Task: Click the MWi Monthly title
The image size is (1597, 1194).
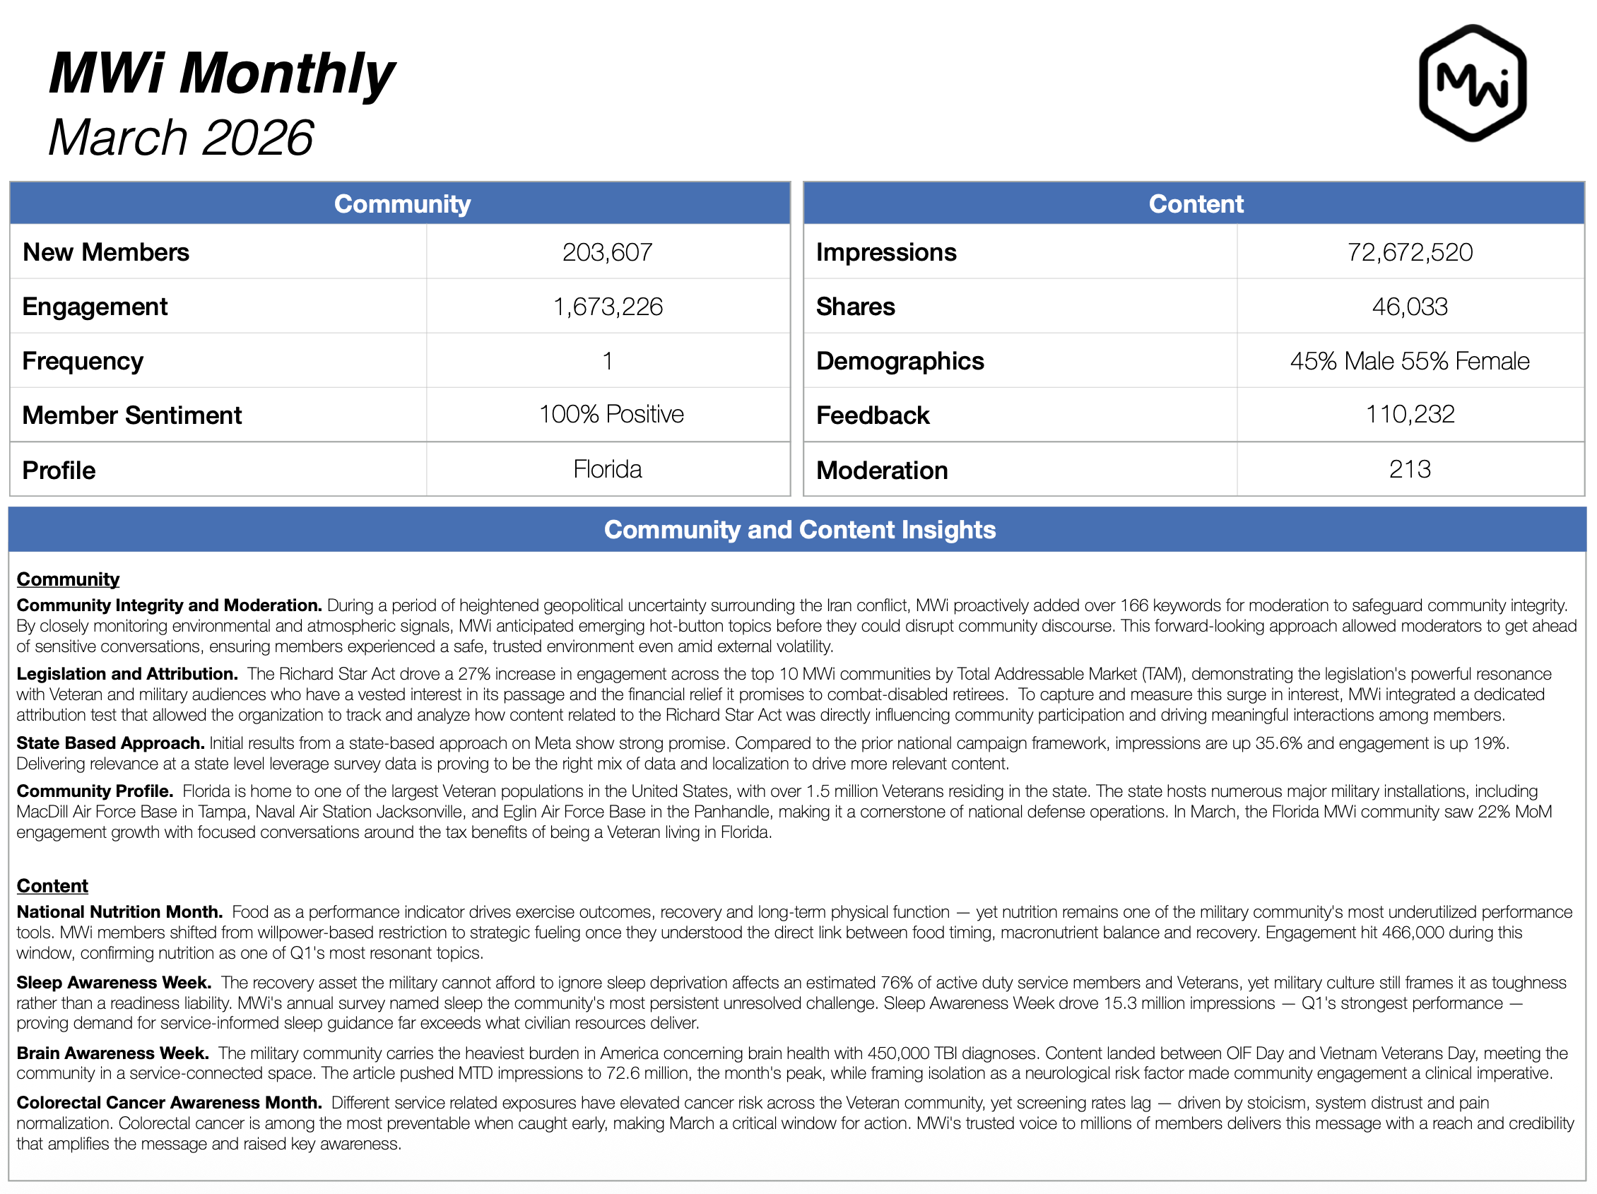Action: (221, 73)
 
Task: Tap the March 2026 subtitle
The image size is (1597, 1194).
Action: (180, 137)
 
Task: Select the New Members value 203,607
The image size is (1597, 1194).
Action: (607, 252)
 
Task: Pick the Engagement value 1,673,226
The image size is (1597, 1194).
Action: (607, 307)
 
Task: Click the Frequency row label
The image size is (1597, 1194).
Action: (83, 361)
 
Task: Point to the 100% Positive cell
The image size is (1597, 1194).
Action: (611, 414)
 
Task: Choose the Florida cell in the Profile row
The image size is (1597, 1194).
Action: (607, 469)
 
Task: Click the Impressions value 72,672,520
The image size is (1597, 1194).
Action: (1409, 252)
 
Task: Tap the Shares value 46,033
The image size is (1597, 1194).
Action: (1409, 307)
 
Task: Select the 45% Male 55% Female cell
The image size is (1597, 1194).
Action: (1409, 361)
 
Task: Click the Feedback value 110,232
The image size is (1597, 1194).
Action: (1409, 414)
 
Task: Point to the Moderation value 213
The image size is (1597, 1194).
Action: (1409, 469)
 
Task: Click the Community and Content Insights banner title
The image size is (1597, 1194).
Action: (799, 530)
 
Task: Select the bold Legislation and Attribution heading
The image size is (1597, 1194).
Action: (127, 673)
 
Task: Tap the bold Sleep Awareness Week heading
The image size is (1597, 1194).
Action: (114, 983)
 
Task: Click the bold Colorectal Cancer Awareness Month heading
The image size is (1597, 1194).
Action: (169, 1102)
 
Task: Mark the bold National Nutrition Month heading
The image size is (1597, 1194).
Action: (120, 911)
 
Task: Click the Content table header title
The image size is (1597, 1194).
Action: (1196, 203)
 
